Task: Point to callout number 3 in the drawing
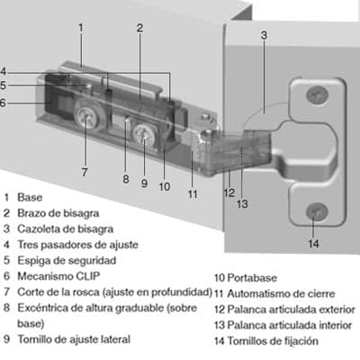tap(264, 36)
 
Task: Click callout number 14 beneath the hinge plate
tap(313, 243)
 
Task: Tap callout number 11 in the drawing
tap(193, 193)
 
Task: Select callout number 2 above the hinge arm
tap(139, 27)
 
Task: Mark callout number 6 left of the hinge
tap(4, 103)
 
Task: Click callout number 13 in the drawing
tap(240, 202)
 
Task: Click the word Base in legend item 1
tap(30, 196)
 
